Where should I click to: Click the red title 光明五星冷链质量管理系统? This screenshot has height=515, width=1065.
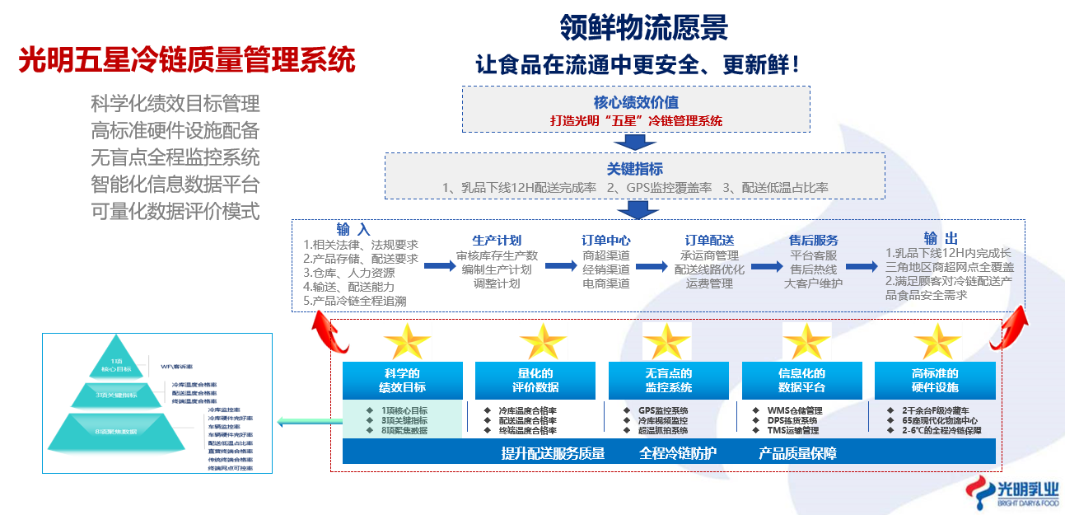pyautogui.click(x=187, y=61)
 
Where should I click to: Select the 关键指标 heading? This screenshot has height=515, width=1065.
pyautogui.click(x=635, y=169)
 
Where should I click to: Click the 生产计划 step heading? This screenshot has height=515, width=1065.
pyautogui.click(x=496, y=241)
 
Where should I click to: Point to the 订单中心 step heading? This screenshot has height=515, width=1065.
pyautogui.click(x=606, y=241)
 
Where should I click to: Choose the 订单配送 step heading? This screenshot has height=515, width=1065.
pyautogui.click(x=709, y=241)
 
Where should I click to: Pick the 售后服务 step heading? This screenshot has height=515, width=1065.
pyautogui.click(x=813, y=241)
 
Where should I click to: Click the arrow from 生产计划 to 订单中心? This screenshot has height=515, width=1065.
pyautogui.click(x=560, y=266)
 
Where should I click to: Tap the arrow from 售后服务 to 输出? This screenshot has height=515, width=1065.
pyautogui.click(x=861, y=266)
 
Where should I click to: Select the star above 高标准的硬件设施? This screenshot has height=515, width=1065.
pyautogui.click(x=937, y=340)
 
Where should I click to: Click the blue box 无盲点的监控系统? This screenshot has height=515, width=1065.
pyautogui.click(x=668, y=381)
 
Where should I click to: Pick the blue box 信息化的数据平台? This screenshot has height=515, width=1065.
pyautogui.click(x=801, y=381)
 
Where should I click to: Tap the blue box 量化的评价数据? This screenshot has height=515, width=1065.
pyautogui.click(x=535, y=381)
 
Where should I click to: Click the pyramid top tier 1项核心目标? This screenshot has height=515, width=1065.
pyautogui.click(x=116, y=363)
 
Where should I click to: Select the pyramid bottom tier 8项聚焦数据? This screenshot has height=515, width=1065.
pyautogui.click(x=115, y=431)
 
